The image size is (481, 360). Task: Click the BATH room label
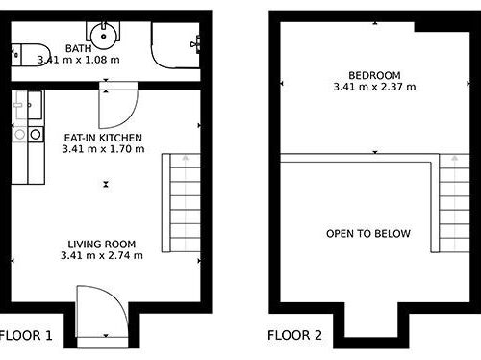click(78, 48)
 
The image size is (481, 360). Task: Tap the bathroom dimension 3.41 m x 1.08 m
click(79, 60)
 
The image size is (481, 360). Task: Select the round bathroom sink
click(103, 36)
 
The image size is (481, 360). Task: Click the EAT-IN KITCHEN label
click(103, 138)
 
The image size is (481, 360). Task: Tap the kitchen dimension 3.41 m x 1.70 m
click(103, 149)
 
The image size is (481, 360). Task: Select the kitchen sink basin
click(35, 105)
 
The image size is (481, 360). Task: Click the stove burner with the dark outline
click(36, 134)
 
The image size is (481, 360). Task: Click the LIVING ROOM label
click(102, 244)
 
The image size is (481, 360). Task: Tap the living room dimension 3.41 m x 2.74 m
click(102, 255)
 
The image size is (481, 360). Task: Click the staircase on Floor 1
click(181, 203)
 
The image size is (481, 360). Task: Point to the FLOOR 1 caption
click(26, 336)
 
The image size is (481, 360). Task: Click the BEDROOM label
click(374, 75)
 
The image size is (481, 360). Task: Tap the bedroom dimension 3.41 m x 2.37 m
click(374, 87)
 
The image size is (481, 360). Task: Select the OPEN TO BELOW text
click(368, 233)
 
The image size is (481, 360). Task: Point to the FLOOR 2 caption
click(294, 335)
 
